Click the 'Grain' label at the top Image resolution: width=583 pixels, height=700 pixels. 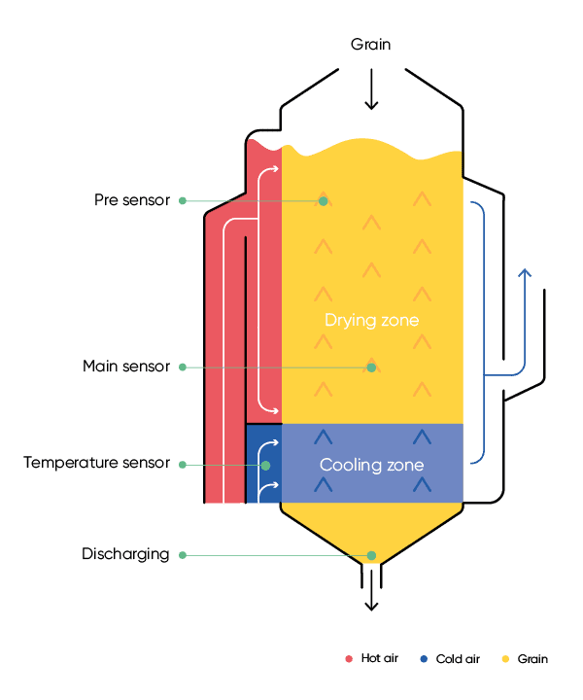[370, 46]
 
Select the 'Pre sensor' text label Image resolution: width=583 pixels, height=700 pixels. [132, 201]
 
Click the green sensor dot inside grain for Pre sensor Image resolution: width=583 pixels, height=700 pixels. [324, 201]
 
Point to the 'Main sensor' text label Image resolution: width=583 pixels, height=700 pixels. [126, 367]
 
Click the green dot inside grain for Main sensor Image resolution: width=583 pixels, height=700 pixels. [370, 367]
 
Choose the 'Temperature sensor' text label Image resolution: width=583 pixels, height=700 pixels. [96, 464]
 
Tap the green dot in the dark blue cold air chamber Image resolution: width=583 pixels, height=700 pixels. [265, 466]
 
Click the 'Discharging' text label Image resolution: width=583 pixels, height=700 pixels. [125, 555]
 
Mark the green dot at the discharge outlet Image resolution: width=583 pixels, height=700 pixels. [370, 556]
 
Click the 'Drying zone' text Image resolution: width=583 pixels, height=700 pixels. [371, 320]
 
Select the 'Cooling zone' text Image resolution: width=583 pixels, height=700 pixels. [371, 466]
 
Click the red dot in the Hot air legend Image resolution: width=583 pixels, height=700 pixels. [348, 659]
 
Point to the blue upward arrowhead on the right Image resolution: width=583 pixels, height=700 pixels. [524, 274]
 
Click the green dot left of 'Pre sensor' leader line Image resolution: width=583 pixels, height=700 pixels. [182, 201]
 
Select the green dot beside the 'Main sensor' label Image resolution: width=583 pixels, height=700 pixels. [182, 367]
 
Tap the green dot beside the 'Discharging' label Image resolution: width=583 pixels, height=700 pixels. [182, 555]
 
